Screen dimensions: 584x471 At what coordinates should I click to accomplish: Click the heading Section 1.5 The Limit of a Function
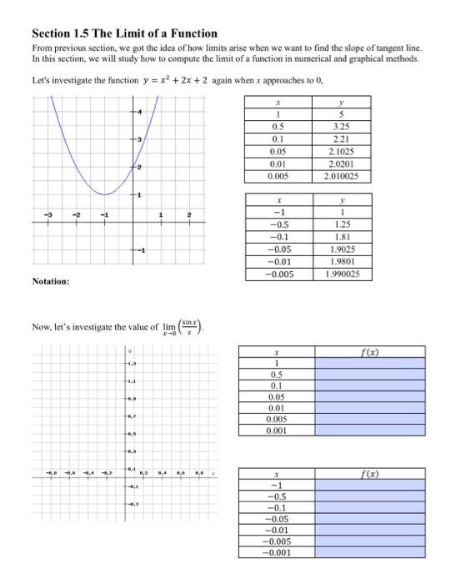(x=124, y=33)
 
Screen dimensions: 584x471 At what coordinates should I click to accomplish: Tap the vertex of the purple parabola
(x=103, y=194)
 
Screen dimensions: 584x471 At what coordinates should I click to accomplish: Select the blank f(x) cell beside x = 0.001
(x=371, y=432)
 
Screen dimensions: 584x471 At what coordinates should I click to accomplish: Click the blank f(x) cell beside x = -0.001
(x=371, y=553)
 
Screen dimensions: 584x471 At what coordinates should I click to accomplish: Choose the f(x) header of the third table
(x=371, y=353)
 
